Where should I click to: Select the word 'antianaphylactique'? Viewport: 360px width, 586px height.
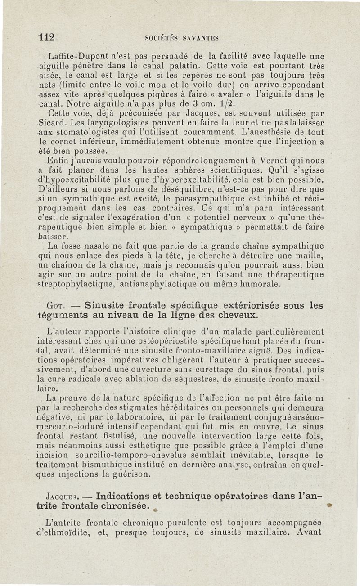[x=159, y=284]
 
